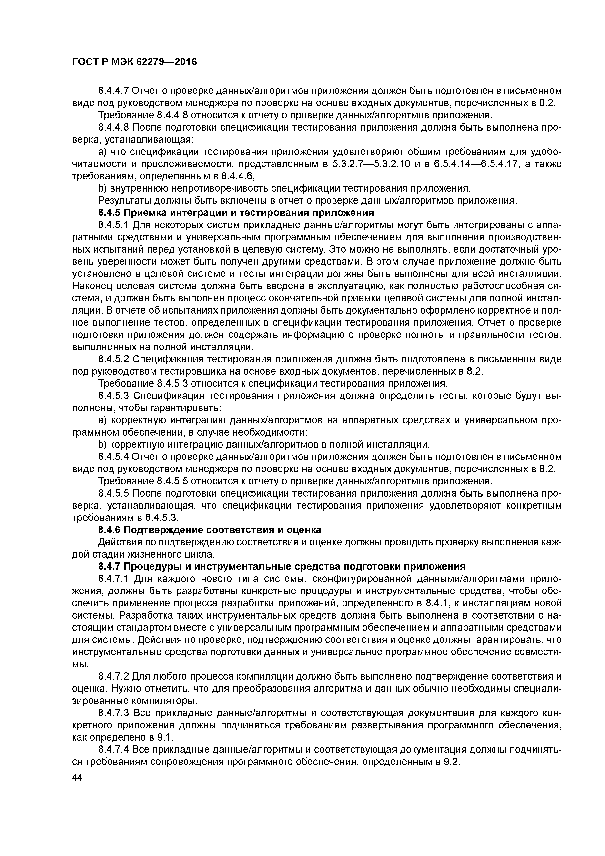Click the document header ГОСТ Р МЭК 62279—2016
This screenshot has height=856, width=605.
coord(134,62)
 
